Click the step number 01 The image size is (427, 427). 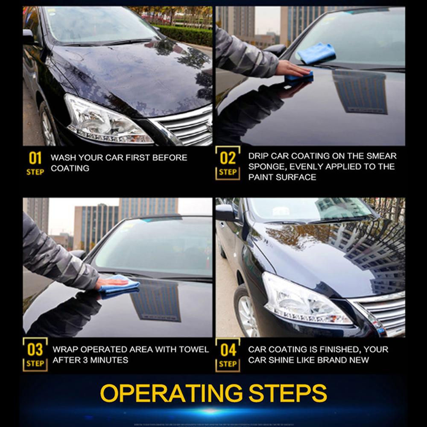click(35, 158)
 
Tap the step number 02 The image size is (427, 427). click(228, 158)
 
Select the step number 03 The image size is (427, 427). click(35, 349)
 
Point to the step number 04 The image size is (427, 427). click(228, 350)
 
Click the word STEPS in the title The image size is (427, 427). click(288, 393)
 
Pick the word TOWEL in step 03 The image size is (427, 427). click(194, 349)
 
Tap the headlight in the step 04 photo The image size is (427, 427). click(303, 301)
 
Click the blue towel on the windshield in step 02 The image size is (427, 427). click(316, 54)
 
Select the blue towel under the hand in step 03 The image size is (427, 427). click(120, 285)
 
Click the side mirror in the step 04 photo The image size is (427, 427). click(225, 213)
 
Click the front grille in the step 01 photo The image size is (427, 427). click(188, 126)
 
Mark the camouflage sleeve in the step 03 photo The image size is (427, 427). click(56, 256)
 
